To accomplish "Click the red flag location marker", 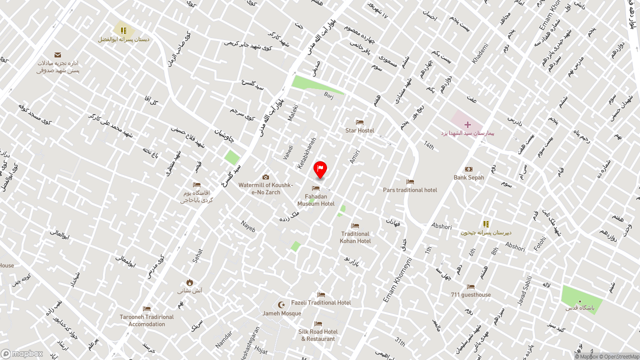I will click(320, 169).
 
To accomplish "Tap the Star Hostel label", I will click(359, 130).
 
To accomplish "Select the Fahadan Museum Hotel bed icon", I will click(315, 188).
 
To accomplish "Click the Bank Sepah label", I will click(468, 177).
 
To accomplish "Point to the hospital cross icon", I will click(467, 124).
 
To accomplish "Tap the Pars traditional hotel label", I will click(410, 190).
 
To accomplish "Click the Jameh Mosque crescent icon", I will click(281, 304).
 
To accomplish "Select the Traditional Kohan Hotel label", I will click(355, 237).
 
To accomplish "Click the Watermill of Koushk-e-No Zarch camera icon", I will click(265, 177).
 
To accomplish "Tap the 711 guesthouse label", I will click(470, 295).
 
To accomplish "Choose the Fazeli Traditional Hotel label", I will click(321, 302).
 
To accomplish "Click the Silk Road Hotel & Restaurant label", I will click(318, 335).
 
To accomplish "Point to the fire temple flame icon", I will click(189, 282).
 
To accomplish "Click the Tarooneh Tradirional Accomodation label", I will click(146, 320).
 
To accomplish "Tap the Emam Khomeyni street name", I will click(397, 280).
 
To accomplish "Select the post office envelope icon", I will click(57, 55).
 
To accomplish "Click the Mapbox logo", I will click(22, 354).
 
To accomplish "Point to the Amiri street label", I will click(354, 157).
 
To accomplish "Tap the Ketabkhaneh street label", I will click(307, 152).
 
